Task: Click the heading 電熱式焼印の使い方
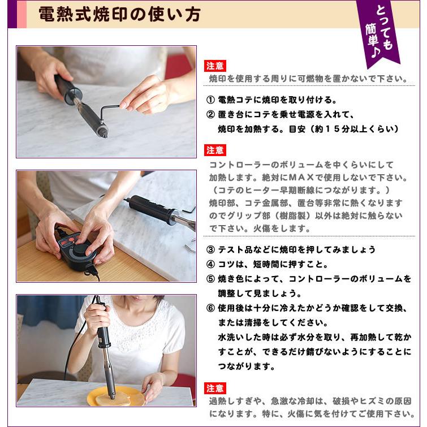(119, 15)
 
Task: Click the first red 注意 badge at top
(215, 66)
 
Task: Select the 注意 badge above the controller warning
(215, 150)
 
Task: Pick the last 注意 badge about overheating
(215, 388)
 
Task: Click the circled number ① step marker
(210, 100)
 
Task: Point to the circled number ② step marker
(210, 115)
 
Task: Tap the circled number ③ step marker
(210, 249)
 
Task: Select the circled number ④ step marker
(210, 264)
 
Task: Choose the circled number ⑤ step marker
(210, 279)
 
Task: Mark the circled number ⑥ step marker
(210, 308)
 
